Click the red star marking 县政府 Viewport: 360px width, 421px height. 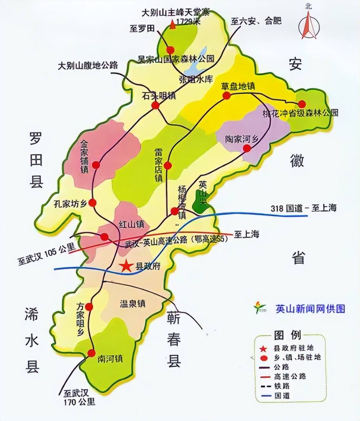[126, 266]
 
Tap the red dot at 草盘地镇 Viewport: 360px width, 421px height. [226, 96]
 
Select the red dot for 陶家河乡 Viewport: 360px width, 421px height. [247, 148]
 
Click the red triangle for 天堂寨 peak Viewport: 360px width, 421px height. [172, 25]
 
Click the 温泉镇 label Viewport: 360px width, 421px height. [133, 304]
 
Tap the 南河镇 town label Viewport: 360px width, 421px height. [110, 359]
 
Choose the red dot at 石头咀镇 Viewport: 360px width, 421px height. [155, 105]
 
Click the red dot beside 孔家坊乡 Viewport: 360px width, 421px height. [93, 203]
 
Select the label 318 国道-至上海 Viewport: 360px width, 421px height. [303, 208]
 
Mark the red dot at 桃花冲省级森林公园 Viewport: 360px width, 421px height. [302, 104]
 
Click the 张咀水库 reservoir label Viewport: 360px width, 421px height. [196, 79]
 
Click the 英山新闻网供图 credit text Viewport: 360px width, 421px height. [310, 309]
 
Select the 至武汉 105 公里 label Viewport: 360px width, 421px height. [47, 255]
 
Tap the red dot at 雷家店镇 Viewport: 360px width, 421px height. [168, 165]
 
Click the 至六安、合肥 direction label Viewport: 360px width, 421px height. [256, 21]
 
